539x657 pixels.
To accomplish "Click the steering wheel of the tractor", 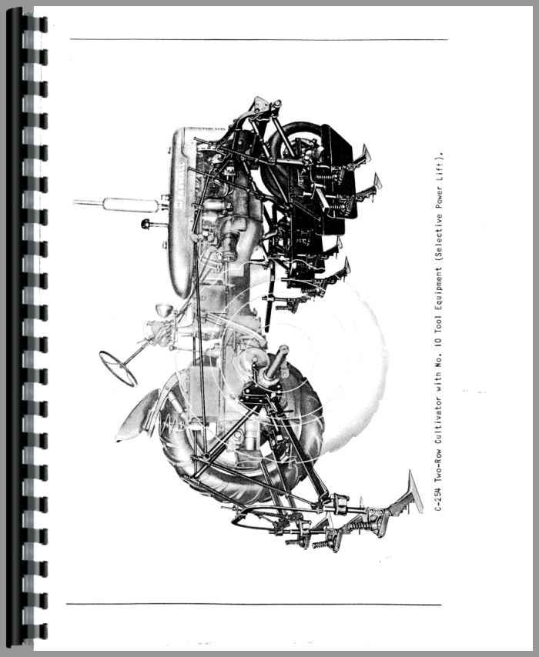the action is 118,368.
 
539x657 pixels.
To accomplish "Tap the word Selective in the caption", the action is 438,239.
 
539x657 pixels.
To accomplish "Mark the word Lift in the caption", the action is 438,170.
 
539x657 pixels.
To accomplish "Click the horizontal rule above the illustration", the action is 259,40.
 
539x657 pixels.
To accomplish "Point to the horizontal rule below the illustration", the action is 254,604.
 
